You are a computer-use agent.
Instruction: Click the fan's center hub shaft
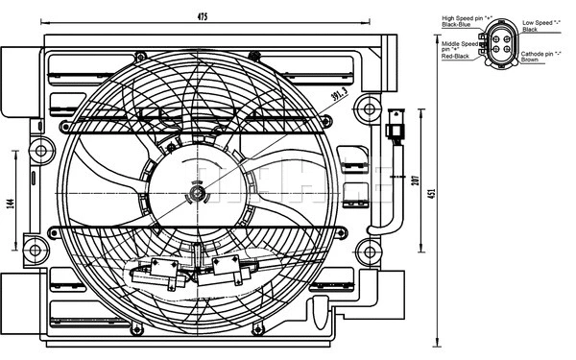pyautogui.click(x=198, y=195)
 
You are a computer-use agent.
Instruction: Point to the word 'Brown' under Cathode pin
pyautogui.click(x=530, y=60)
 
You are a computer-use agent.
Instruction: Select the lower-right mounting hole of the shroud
pyautogui.click(x=365, y=252)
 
